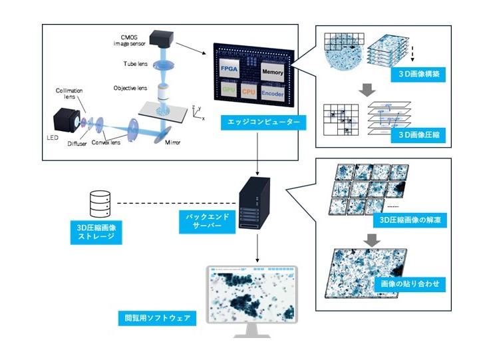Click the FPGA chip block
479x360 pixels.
tap(230, 68)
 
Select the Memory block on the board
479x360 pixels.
tap(273, 71)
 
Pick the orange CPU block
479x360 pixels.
tap(248, 91)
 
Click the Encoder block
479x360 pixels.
tap(273, 93)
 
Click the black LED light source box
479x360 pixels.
tap(65, 122)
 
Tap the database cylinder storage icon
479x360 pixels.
tap(100, 203)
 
